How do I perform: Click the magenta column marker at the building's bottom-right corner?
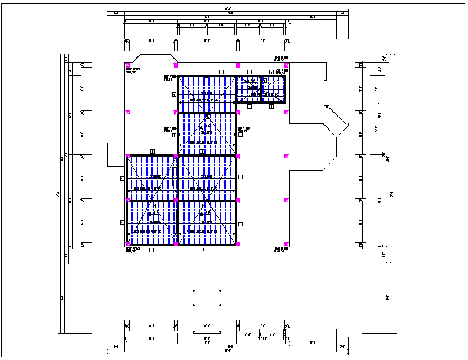(287, 245)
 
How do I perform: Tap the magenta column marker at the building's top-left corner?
(128, 65)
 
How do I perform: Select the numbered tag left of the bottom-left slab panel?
(122, 223)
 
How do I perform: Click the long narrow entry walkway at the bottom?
(207, 296)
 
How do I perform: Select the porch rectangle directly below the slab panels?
(207, 255)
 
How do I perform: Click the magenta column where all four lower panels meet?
(176, 200)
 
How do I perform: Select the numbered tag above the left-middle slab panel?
(152, 152)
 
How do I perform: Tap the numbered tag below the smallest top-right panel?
(271, 106)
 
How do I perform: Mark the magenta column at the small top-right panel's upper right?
(287, 65)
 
